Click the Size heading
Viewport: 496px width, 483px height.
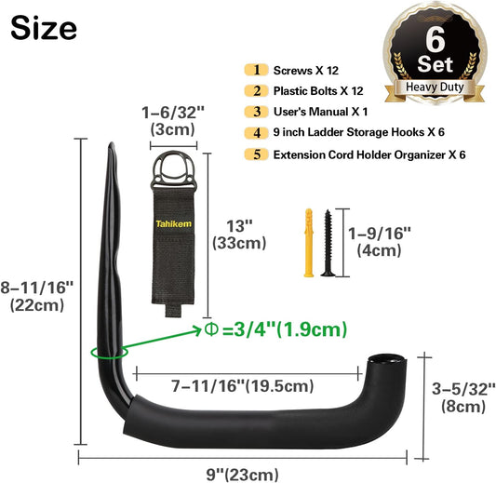pos(44,29)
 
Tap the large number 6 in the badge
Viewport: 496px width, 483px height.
pos(435,40)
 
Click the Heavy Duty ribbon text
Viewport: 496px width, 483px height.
pos(435,87)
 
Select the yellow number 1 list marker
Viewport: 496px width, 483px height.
pos(257,70)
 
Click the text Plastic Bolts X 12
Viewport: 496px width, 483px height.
pos(318,91)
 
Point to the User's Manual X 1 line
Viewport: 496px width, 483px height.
pos(320,112)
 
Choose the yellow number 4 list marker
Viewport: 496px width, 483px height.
pos(257,133)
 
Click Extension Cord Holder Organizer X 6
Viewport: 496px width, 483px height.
pos(369,155)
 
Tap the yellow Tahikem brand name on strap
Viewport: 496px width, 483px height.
pos(173,224)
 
